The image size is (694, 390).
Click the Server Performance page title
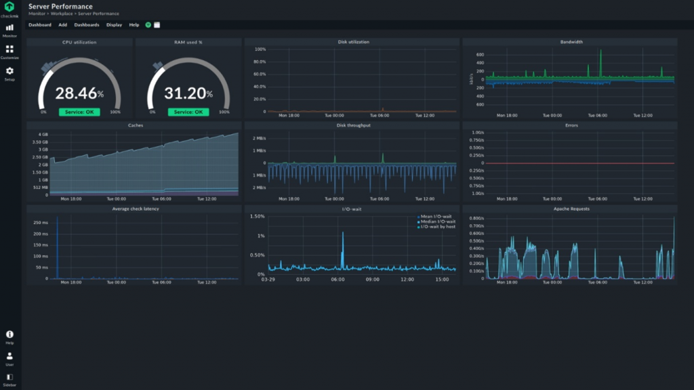click(60, 6)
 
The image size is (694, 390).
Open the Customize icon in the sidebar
click(9, 49)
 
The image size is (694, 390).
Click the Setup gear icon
click(9, 71)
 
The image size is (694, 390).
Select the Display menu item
click(114, 25)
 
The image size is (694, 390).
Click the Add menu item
click(62, 25)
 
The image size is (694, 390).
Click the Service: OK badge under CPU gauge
click(79, 112)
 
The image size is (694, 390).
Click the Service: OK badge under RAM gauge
click(188, 112)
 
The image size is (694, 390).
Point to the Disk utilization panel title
click(353, 42)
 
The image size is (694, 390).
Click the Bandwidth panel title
click(571, 42)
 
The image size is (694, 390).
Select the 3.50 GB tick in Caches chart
click(39, 142)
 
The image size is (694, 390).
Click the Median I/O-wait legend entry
click(438, 221)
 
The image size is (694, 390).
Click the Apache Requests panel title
click(571, 209)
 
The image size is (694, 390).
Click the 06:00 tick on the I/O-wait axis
click(338, 279)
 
